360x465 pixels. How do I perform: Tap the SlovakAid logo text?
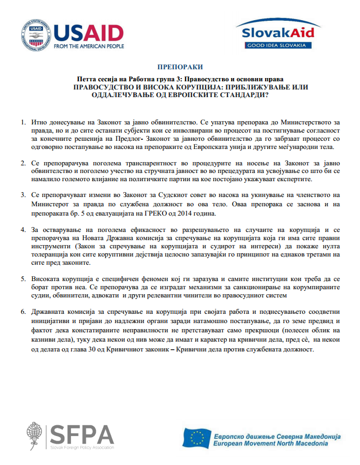click(x=275, y=32)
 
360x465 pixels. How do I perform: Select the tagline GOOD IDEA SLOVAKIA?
click(x=275, y=44)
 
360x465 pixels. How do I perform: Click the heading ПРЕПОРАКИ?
click(x=179, y=68)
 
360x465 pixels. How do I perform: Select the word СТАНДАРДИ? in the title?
click(x=243, y=94)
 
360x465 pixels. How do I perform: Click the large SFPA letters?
click(x=81, y=434)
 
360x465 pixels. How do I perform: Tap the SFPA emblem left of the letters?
click(x=34, y=436)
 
